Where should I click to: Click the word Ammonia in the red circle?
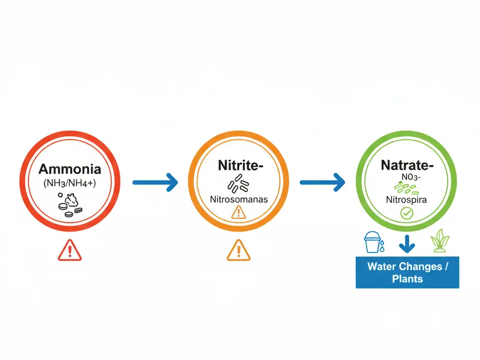pos(70,169)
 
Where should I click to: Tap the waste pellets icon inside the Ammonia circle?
pos(70,204)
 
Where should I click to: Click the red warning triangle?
pos(70,251)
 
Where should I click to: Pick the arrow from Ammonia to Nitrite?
pos(154,182)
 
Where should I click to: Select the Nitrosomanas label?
pos(238,199)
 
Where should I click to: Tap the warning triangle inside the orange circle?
pos(238,212)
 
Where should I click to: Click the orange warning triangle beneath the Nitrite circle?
pos(238,250)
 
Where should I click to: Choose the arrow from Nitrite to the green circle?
pos(322,182)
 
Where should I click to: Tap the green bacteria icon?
pos(407,188)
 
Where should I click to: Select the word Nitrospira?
pos(407,199)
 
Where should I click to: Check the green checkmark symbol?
pos(407,213)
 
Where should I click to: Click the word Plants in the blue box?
pos(407,279)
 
